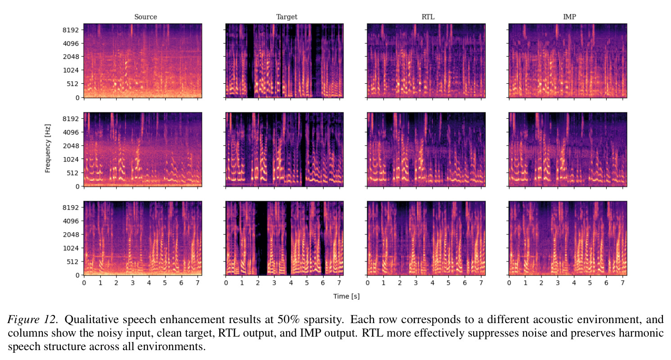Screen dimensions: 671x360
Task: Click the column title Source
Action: pos(145,17)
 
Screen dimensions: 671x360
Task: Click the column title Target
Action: pos(287,17)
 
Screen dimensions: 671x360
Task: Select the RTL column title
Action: pos(428,17)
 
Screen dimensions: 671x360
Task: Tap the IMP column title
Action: pos(569,17)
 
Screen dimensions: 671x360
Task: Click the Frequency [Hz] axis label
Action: pos(47,148)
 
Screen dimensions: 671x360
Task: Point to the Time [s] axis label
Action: pos(346,296)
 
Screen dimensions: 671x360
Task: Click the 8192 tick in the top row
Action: pos(71,30)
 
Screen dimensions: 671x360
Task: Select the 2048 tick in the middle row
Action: pos(71,146)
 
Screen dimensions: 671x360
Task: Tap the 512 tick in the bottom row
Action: pos(72,262)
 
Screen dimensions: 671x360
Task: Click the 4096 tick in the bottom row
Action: pos(71,221)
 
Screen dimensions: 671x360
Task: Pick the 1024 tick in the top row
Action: pos(71,70)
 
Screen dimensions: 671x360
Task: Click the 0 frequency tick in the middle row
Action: pos(77,186)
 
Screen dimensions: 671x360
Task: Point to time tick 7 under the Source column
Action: pos(198,283)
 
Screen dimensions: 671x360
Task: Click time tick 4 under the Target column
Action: pos(291,283)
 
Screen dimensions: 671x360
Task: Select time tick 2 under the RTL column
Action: pos(400,283)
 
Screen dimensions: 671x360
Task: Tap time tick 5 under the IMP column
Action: pos(590,283)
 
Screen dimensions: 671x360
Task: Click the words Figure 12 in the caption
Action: pos(32,319)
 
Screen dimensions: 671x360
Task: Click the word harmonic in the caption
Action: pos(641,333)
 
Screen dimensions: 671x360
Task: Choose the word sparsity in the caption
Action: pos(324,320)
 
